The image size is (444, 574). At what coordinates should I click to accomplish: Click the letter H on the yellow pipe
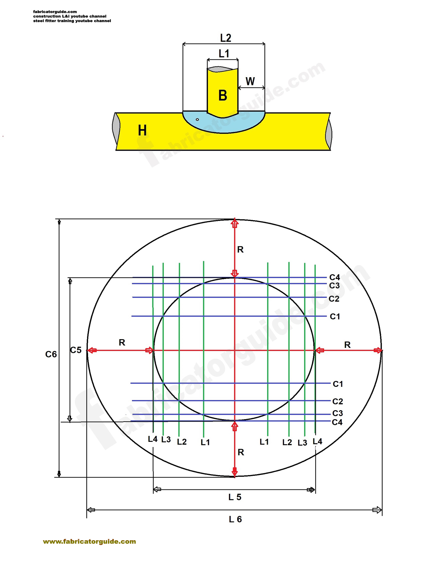click(x=142, y=130)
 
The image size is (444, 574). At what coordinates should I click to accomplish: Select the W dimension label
click(x=250, y=81)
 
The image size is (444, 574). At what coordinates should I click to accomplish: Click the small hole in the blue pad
click(x=197, y=119)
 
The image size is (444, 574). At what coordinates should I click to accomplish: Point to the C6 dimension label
click(x=51, y=354)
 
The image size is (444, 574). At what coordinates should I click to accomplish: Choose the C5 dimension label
click(x=76, y=350)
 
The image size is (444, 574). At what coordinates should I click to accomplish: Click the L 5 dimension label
click(x=235, y=497)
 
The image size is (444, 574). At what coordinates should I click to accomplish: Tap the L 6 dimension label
click(x=235, y=519)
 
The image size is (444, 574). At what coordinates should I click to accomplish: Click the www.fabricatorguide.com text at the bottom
click(x=89, y=542)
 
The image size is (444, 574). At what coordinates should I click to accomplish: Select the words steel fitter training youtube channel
click(x=72, y=21)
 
